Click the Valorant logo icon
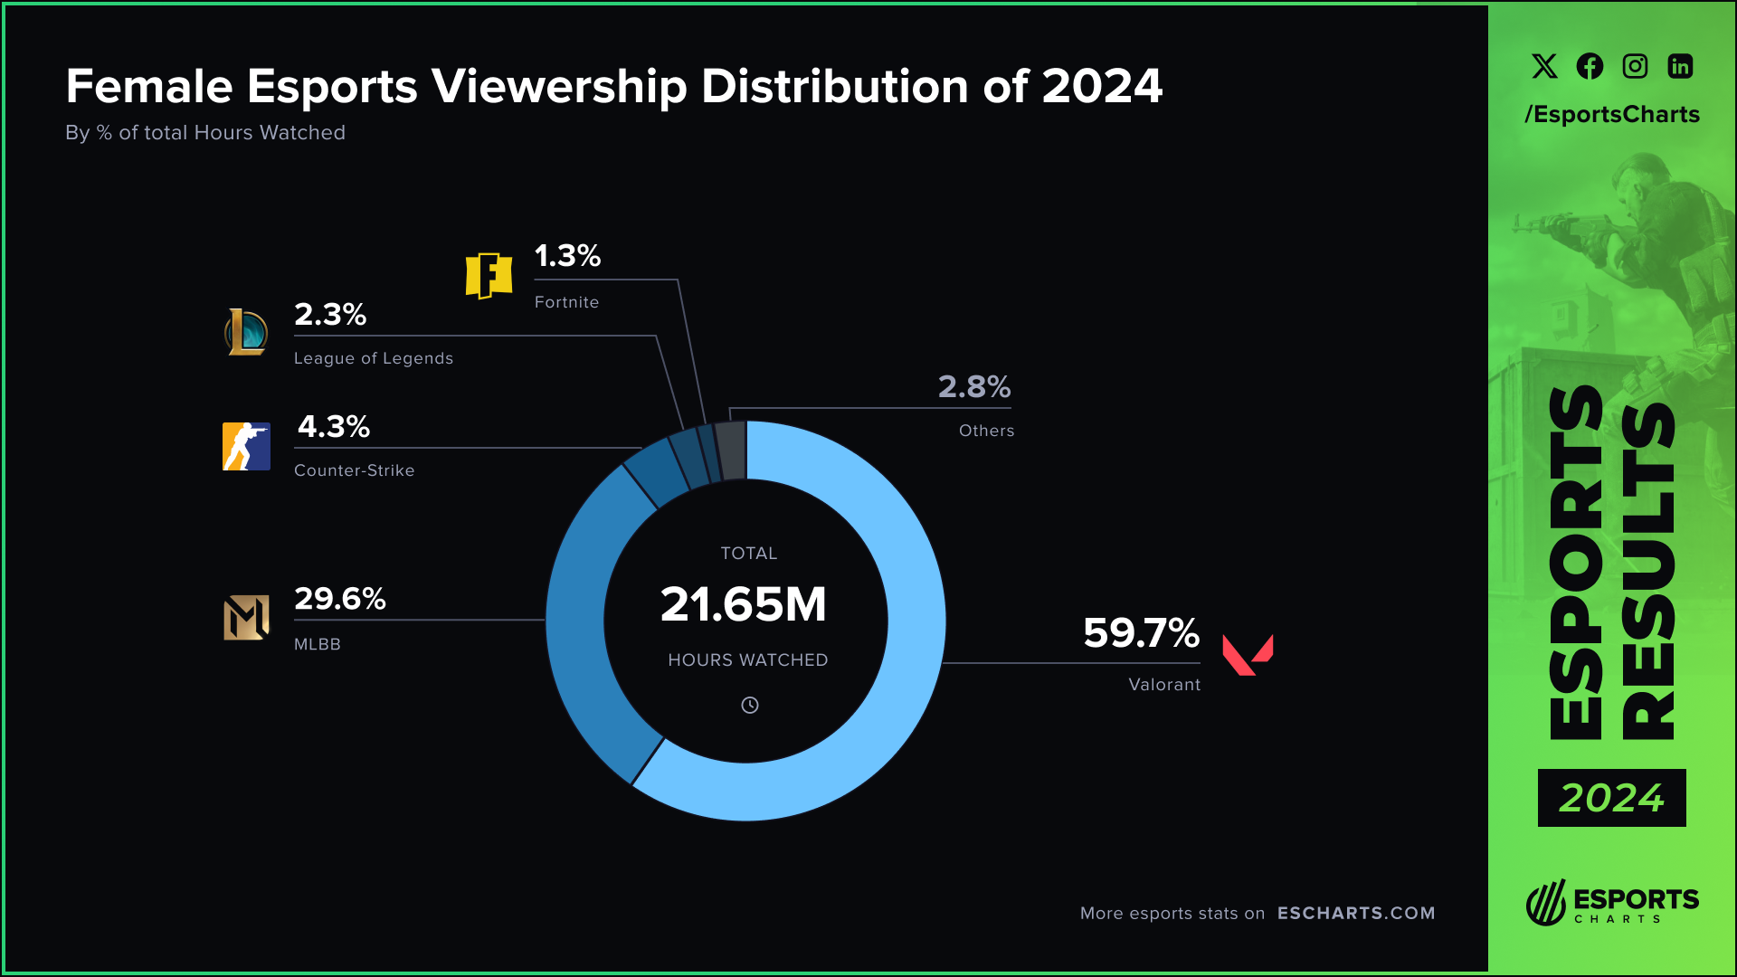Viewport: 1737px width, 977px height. tap(1247, 654)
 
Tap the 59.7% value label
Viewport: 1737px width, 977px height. tap(1141, 633)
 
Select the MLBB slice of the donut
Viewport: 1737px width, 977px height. tap(580, 624)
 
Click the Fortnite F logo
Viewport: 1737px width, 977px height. tap(489, 275)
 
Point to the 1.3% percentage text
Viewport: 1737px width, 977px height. tap(567, 256)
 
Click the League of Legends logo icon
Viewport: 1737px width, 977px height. tap(246, 332)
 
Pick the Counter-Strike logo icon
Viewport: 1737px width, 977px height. tap(246, 446)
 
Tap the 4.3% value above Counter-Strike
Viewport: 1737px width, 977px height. tap(333, 427)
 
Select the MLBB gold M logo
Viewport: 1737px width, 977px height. tap(246, 618)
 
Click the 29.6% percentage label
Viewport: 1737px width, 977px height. tap(339, 599)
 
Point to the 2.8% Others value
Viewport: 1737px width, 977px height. tap(973, 387)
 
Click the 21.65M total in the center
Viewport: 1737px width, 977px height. tap(744, 604)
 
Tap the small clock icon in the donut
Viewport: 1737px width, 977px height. tap(749, 706)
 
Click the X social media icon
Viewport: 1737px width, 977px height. tap(1544, 66)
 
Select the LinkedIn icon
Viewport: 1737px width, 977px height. tap(1680, 66)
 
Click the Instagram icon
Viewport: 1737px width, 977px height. tap(1635, 66)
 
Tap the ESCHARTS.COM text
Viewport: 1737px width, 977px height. tap(1355, 913)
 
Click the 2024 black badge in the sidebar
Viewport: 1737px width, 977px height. tap(1611, 798)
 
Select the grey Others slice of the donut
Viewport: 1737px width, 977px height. tap(731, 450)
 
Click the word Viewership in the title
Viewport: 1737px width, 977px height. tap(559, 87)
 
